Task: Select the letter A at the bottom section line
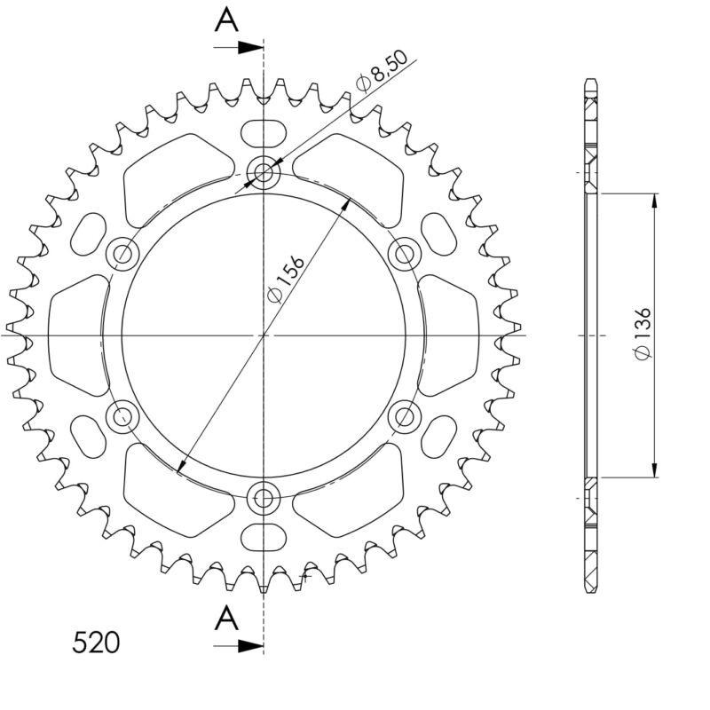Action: click(227, 616)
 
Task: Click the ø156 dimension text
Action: click(287, 280)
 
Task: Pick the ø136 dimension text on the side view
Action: click(643, 335)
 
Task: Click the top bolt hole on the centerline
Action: click(264, 171)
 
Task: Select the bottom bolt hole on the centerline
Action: click(264, 498)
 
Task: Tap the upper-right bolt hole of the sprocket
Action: click(405, 255)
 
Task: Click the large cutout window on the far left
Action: click(75, 335)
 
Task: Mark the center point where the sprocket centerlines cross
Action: click(264, 335)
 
